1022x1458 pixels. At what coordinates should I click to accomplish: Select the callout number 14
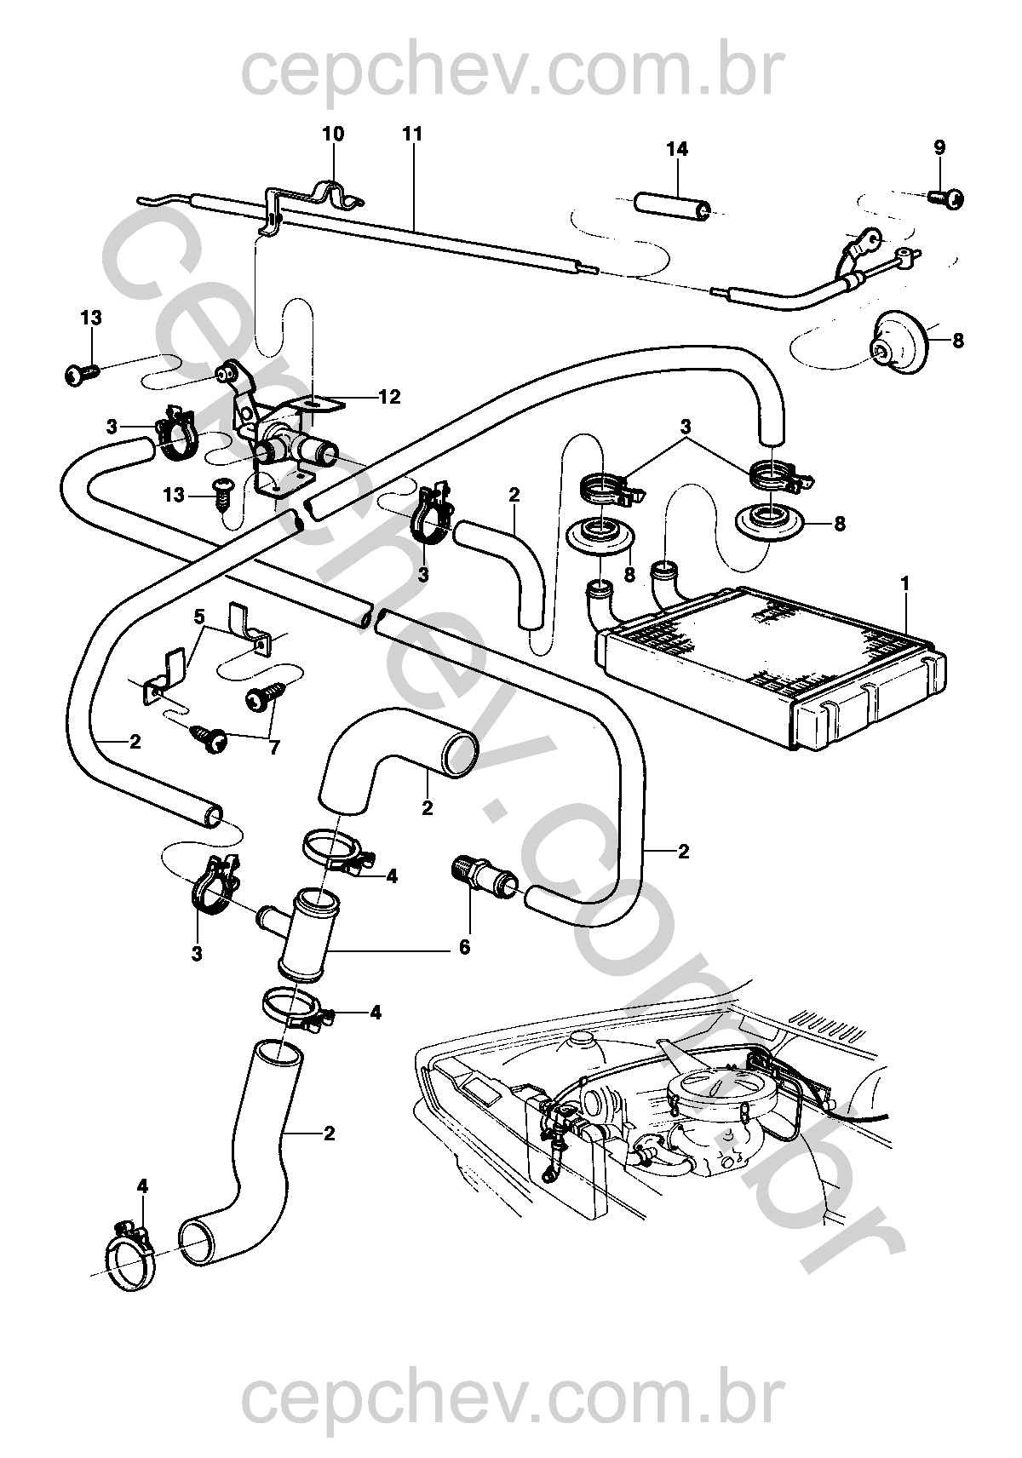click(x=677, y=149)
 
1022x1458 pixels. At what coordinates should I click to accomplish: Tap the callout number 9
click(x=939, y=147)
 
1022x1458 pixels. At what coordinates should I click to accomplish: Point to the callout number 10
click(x=333, y=134)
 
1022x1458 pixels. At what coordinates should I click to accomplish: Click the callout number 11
click(x=413, y=134)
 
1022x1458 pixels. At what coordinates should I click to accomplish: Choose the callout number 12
click(x=390, y=396)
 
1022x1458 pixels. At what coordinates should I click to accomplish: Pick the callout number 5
click(x=199, y=616)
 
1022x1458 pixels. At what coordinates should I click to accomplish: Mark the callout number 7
click(x=274, y=748)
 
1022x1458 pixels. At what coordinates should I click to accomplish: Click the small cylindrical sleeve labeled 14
click(x=671, y=205)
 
